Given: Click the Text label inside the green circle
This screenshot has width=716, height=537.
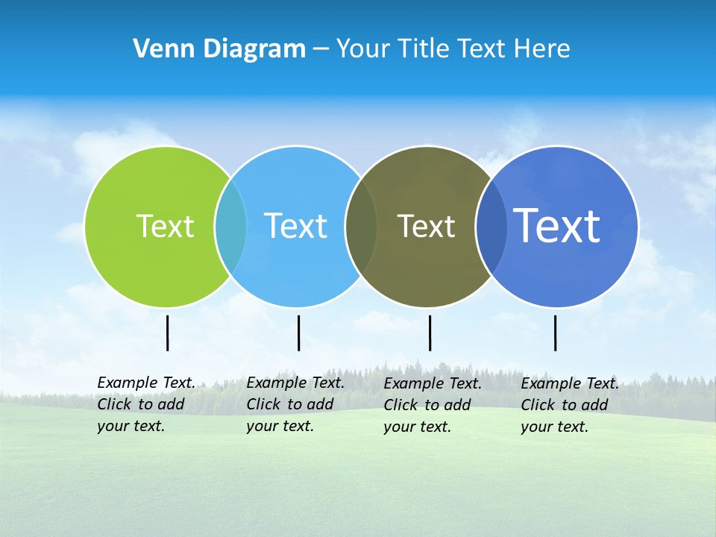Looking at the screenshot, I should point(165,226).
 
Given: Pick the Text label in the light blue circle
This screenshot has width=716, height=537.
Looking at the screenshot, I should point(295,226).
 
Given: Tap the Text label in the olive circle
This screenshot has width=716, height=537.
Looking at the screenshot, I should point(426,226).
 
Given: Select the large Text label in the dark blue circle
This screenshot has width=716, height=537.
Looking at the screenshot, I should point(557,226).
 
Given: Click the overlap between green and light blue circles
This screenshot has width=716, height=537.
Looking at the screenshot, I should point(230,226).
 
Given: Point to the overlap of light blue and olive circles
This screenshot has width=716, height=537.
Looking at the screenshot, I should point(361,226).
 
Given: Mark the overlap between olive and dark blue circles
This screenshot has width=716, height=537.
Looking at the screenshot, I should point(492,226).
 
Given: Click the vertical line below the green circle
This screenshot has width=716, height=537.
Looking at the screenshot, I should point(168,333).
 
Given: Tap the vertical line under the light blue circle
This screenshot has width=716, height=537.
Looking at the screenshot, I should point(298,333).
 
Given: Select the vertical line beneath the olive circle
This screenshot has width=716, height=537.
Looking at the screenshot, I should point(430,333).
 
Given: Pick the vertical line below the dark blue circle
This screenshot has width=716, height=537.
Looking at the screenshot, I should point(555,333).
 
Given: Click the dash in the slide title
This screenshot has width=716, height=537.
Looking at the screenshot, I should point(321,50).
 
